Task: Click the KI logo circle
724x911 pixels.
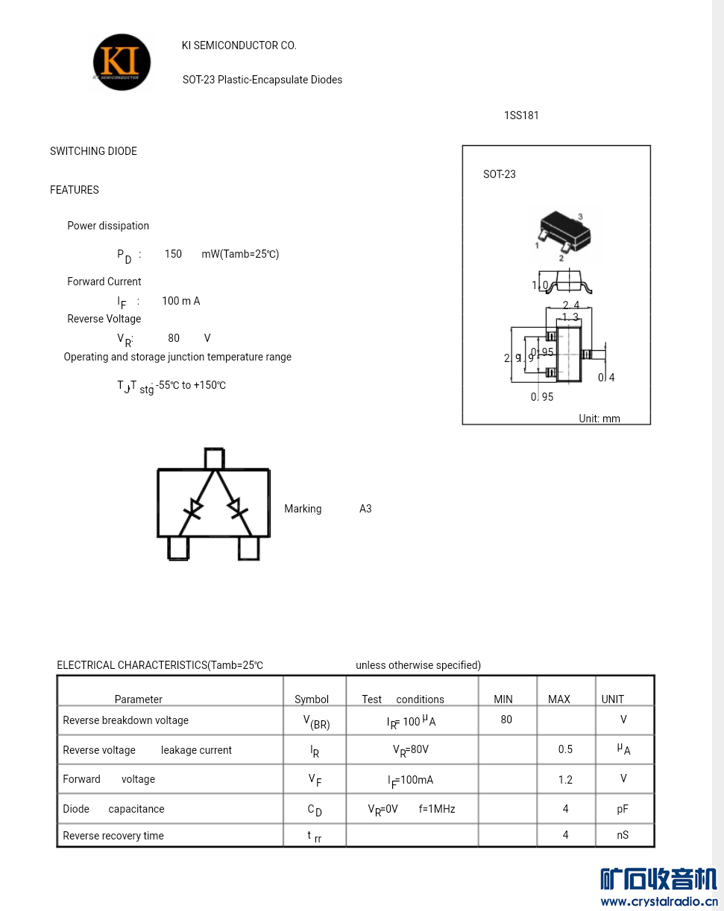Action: pyautogui.click(x=122, y=63)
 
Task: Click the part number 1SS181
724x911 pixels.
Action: pyautogui.click(x=521, y=115)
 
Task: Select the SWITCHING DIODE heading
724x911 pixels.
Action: pyautogui.click(x=93, y=151)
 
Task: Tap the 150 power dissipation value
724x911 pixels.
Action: pyautogui.click(x=173, y=254)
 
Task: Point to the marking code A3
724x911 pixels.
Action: pyautogui.click(x=365, y=509)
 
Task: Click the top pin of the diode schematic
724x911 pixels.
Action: pyautogui.click(x=214, y=458)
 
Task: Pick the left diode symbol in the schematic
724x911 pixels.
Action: pyautogui.click(x=194, y=509)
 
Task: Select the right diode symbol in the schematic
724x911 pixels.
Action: pyautogui.click(x=238, y=508)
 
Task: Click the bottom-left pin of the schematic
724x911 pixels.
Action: pyautogui.click(x=178, y=548)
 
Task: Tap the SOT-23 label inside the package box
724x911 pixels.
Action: pyautogui.click(x=500, y=174)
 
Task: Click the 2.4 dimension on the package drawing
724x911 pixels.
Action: pyautogui.click(x=570, y=305)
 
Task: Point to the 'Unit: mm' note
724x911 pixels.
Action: pyautogui.click(x=599, y=419)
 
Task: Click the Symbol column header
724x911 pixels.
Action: pyautogui.click(x=312, y=699)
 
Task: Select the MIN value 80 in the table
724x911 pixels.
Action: pyautogui.click(x=506, y=720)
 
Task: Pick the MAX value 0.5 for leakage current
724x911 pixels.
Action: pyautogui.click(x=565, y=749)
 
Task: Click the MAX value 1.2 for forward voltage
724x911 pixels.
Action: pyautogui.click(x=565, y=780)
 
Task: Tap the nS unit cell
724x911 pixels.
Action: pyautogui.click(x=623, y=835)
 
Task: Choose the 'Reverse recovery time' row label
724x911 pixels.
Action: pyautogui.click(x=113, y=836)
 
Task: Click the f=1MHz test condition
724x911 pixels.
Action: pyautogui.click(x=437, y=809)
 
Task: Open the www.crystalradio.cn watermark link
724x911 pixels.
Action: pyautogui.click(x=659, y=901)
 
